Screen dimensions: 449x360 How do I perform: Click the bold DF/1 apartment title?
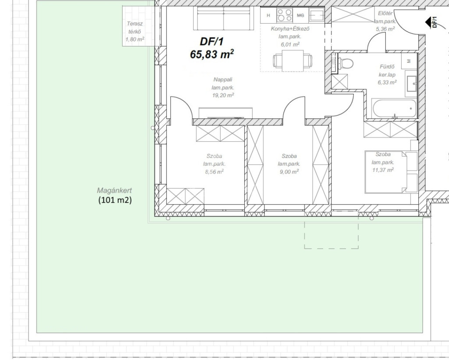pos(211,42)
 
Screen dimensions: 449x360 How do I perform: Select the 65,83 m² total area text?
pos(212,54)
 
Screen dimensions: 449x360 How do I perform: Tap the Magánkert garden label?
pos(114,190)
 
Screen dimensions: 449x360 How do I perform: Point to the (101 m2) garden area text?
pos(115,200)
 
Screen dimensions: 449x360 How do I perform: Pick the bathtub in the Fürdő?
pos(391,108)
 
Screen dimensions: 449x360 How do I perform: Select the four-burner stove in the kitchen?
pos(285,15)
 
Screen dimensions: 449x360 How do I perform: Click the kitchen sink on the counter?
pos(317,15)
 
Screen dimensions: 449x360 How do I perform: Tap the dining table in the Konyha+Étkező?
pos(292,61)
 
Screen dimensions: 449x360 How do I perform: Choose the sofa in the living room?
pos(223,18)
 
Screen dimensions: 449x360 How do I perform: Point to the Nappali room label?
pos(223,79)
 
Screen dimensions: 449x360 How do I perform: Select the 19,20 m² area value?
pos(223,95)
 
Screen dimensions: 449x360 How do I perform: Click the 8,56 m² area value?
pos(214,172)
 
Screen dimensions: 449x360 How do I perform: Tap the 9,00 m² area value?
pos(289,172)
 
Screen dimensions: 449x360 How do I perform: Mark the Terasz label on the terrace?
pos(135,24)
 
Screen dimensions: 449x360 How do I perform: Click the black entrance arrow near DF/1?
pos(429,22)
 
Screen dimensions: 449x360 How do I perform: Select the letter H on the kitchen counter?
pos(268,15)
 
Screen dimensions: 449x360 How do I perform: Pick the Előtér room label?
pos(385,13)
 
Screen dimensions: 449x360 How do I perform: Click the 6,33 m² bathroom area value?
pos(387,82)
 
